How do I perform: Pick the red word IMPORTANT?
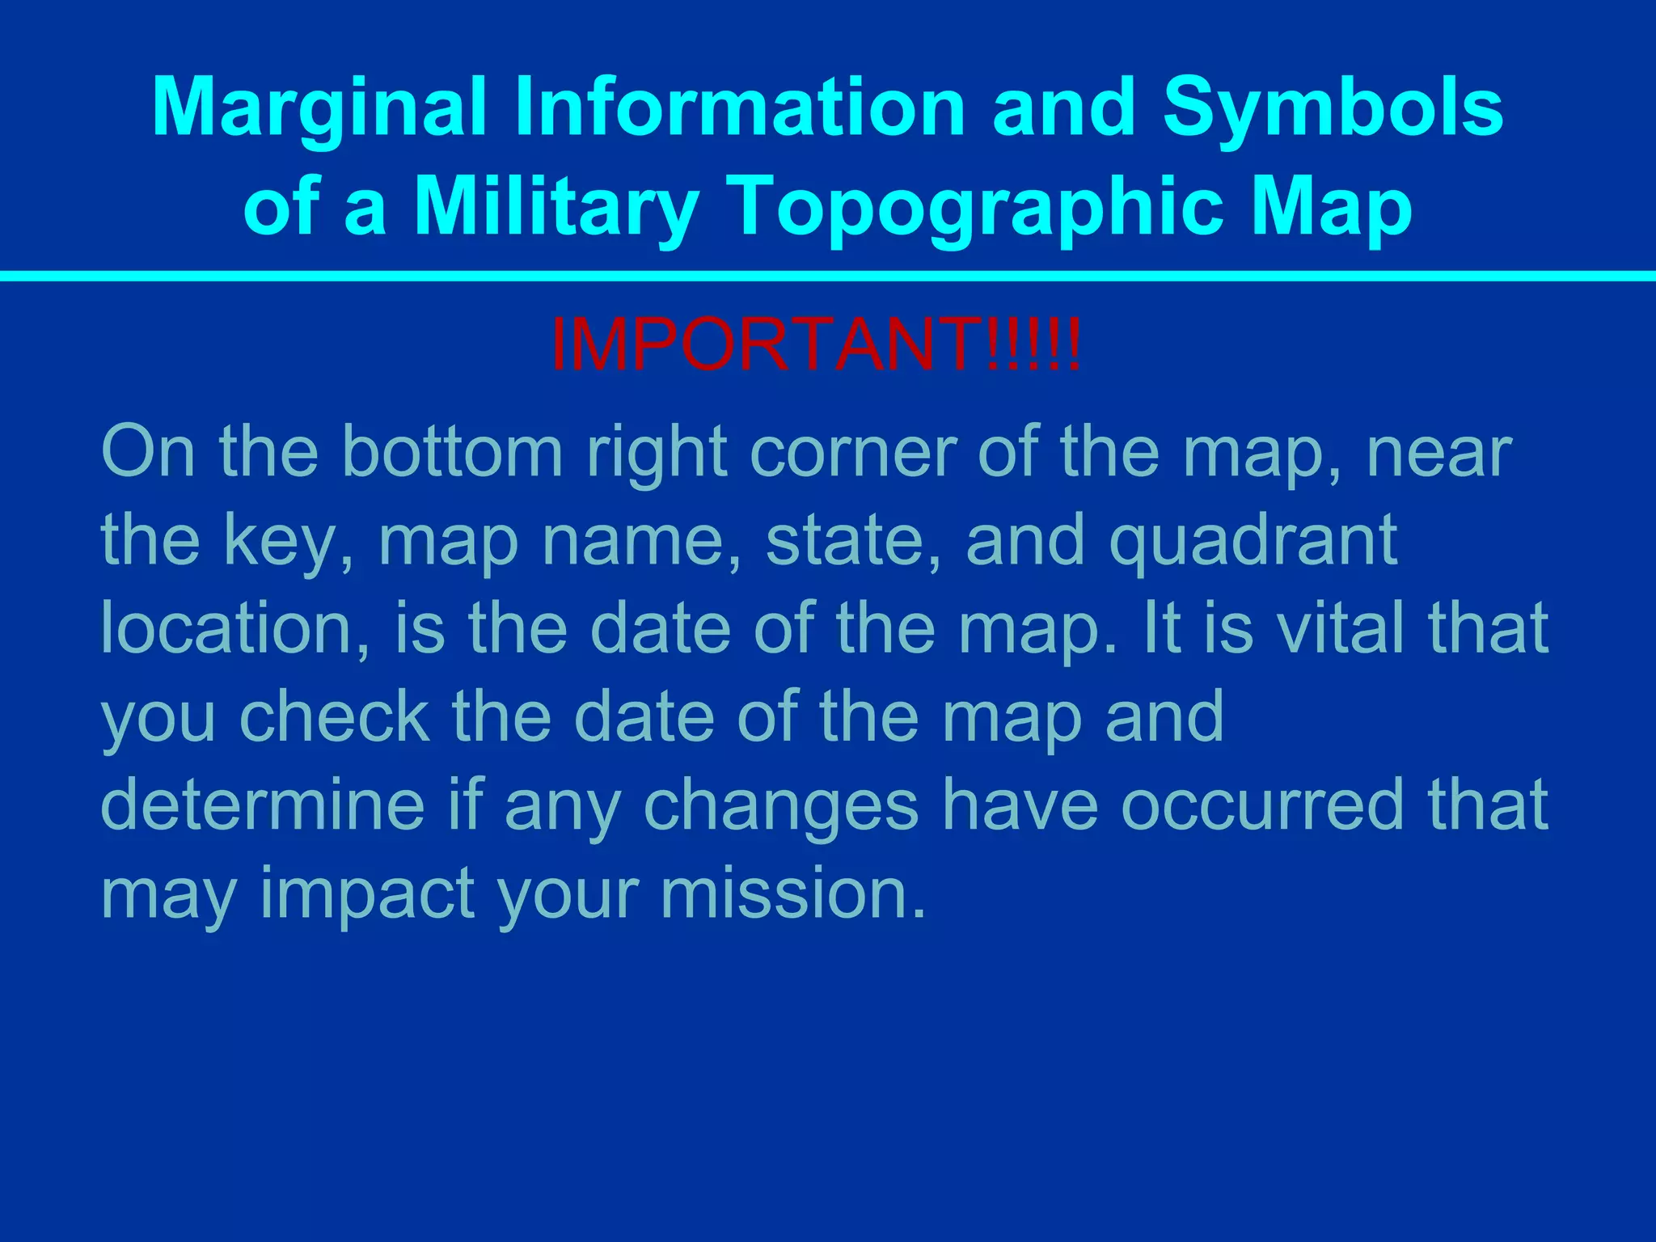(768, 346)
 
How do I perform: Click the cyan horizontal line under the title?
(828, 277)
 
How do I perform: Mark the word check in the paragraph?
(333, 717)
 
